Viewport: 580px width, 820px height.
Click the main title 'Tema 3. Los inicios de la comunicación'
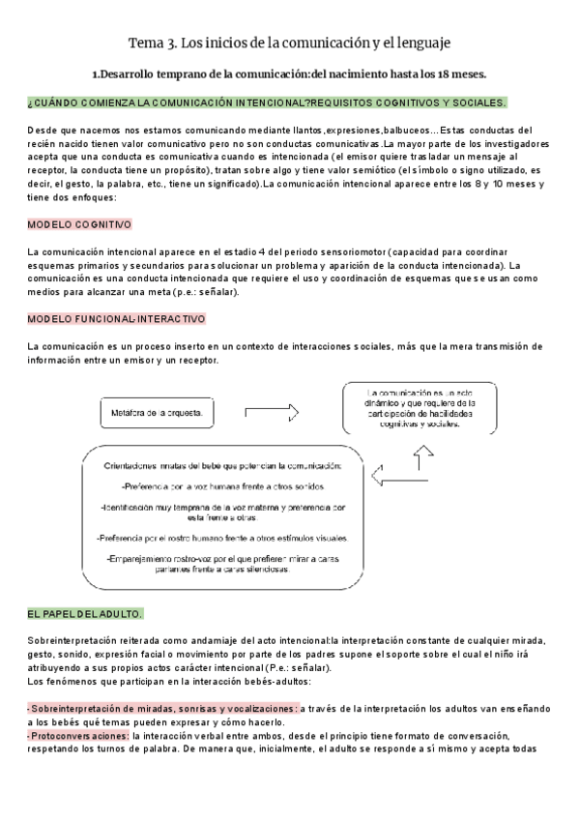[x=289, y=44]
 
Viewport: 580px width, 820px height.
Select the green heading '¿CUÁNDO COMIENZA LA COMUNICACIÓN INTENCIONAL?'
[x=267, y=102]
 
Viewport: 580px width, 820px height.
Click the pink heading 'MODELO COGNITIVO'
[x=79, y=223]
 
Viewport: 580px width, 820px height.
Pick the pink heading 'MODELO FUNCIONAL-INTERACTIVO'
[x=116, y=318]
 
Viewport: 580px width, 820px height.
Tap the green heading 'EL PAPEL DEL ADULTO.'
[x=85, y=614]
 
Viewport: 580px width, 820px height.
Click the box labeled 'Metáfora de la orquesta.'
[x=156, y=413]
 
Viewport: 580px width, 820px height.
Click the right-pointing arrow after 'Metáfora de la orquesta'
[x=274, y=413]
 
